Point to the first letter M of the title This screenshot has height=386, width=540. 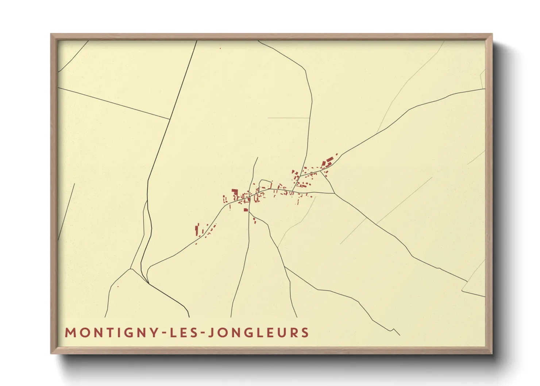tap(69, 333)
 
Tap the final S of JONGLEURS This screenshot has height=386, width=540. tap(305, 333)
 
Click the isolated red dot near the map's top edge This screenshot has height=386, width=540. tap(220, 48)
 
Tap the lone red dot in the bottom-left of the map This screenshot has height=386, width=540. tap(118, 286)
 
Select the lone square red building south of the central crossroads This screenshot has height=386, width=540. tap(246, 210)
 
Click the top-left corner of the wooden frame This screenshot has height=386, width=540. tap(51, 34)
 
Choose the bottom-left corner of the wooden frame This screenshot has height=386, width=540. tap(51, 353)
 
